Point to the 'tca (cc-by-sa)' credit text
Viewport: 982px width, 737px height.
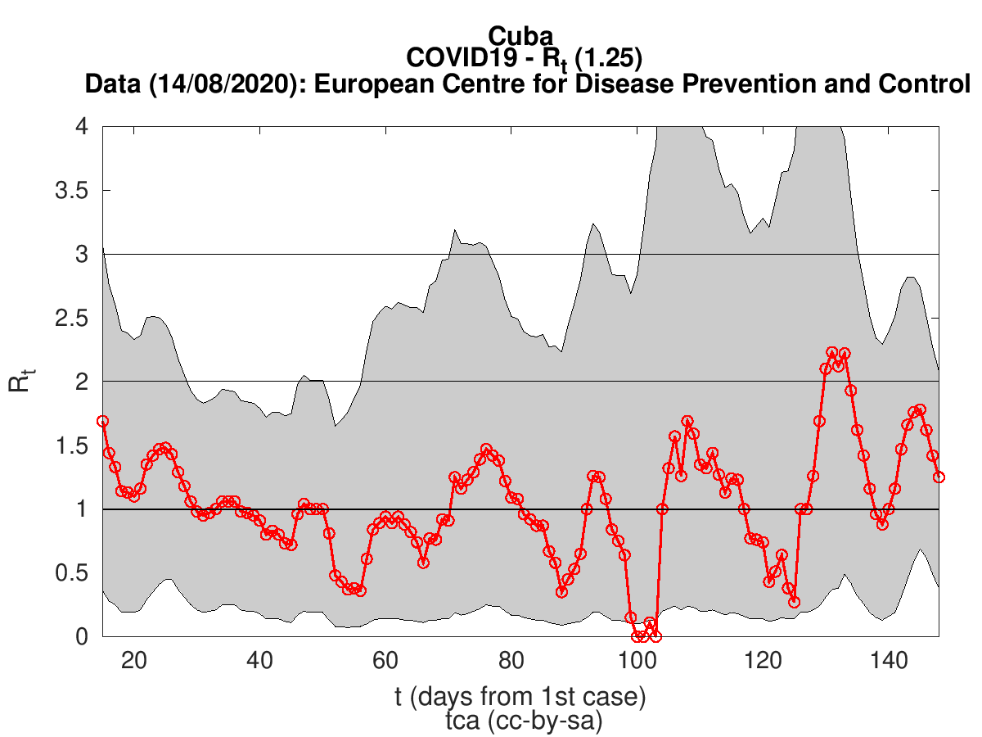pyautogui.click(x=520, y=721)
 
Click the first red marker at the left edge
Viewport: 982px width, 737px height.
pyautogui.click(x=103, y=421)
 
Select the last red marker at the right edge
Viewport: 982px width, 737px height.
pyautogui.click(x=939, y=477)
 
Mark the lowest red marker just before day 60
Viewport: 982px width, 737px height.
pyautogui.click(x=360, y=590)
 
